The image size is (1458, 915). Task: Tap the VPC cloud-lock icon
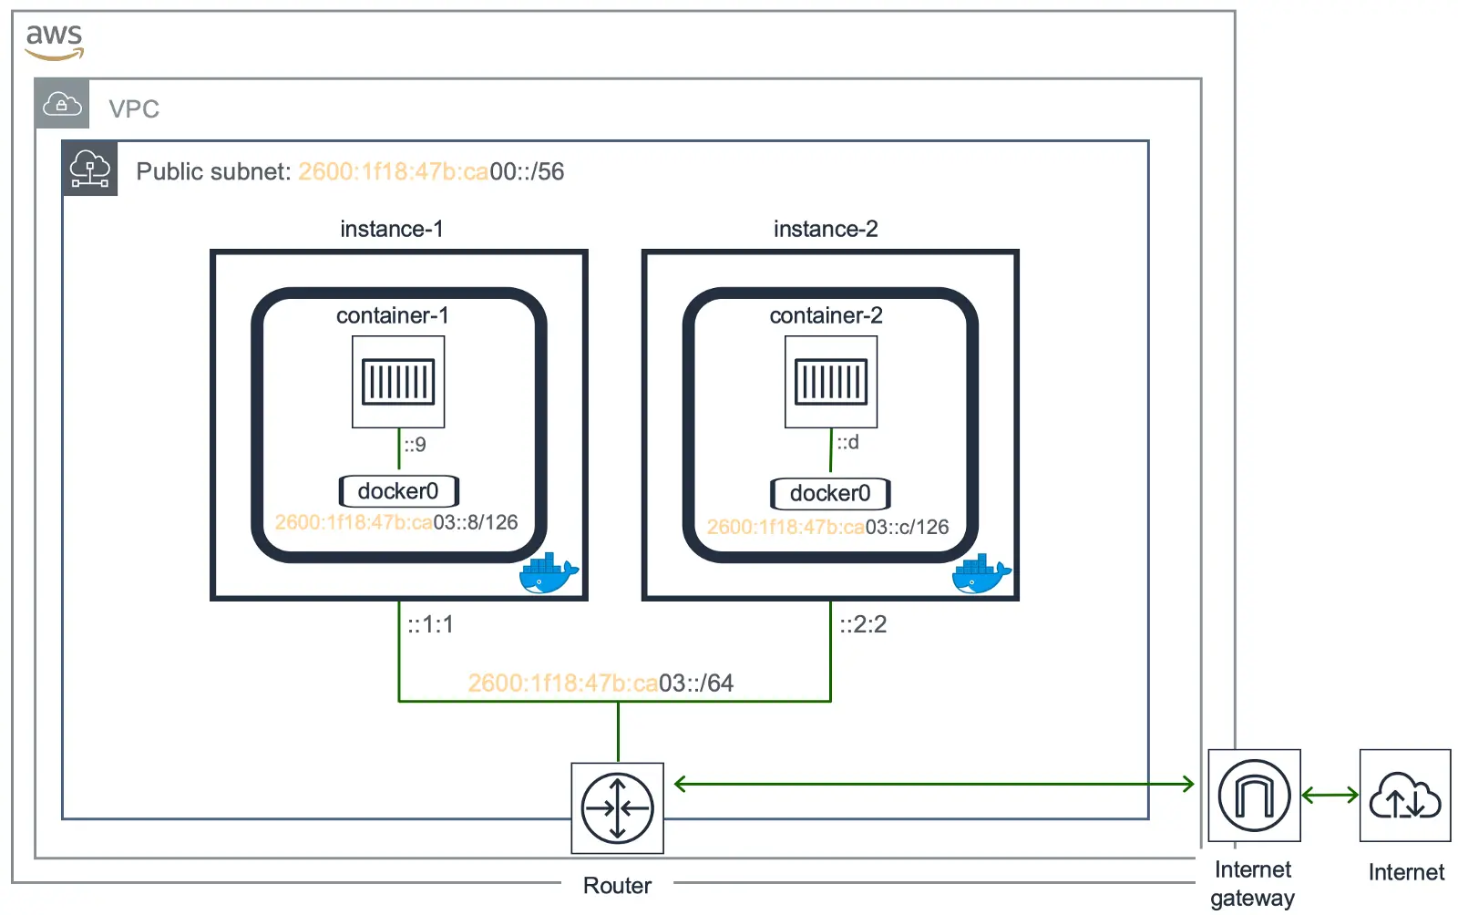coord(62,104)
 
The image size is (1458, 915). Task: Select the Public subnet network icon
coord(90,168)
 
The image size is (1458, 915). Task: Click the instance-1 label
coord(392,229)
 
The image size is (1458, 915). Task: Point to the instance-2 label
coord(826,229)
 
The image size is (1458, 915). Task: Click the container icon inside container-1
coord(398,382)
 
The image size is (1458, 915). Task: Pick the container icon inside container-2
coord(831,382)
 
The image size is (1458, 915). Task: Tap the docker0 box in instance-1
coord(398,490)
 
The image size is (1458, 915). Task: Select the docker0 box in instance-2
coord(830,493)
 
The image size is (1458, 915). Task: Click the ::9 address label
coord(416,445)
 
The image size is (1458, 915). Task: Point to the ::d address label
coord(847,443)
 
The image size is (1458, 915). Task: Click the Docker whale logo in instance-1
coord(549,572)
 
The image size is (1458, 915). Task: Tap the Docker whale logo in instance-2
coord(981,572)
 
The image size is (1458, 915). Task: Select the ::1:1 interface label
coord(430,625)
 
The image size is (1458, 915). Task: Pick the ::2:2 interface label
coord(863,625)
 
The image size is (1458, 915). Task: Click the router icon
coord(617,808)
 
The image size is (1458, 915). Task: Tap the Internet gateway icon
coord(1254,796)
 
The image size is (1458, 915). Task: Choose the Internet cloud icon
coord(1405,796)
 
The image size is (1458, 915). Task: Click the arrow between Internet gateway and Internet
coord(1330,795)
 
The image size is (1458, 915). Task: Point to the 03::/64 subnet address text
coord(696,684)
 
